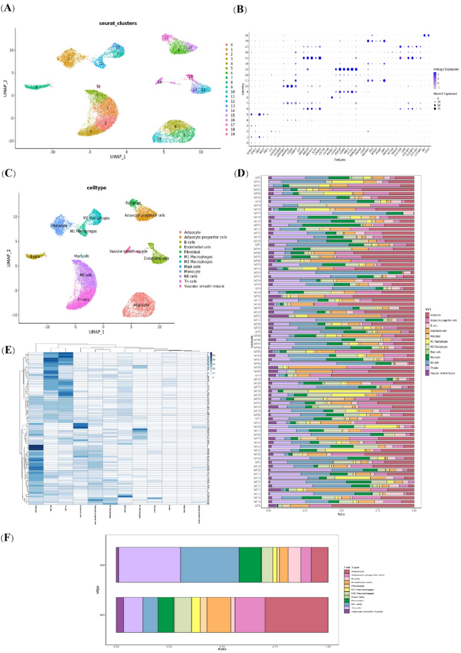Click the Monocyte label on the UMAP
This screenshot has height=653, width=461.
click(x=59, y=226)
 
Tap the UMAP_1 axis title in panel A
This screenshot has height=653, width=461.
click(x=110, y=162)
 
